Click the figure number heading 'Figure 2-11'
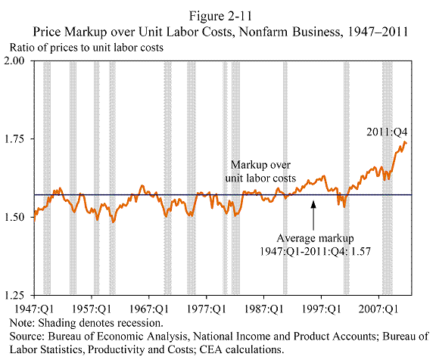[220, 16]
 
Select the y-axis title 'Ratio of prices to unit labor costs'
[86, 48]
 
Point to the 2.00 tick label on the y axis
[14, 61]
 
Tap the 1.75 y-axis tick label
[14, 138]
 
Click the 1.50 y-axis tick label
[14, 217]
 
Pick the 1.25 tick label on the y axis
[14, 295]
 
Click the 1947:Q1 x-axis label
[34, 309]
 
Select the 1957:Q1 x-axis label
[92, 309]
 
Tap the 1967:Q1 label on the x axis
[149, 309]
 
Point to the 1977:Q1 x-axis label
[207, 309]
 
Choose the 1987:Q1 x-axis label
[264, 309]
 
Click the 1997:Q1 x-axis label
[322, 309]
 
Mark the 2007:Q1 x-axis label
[378, 309]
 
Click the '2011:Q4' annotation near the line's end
[387, 132]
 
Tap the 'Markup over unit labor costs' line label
[260, 172]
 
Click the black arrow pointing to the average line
[313, 216]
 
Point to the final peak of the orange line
[405, 142]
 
